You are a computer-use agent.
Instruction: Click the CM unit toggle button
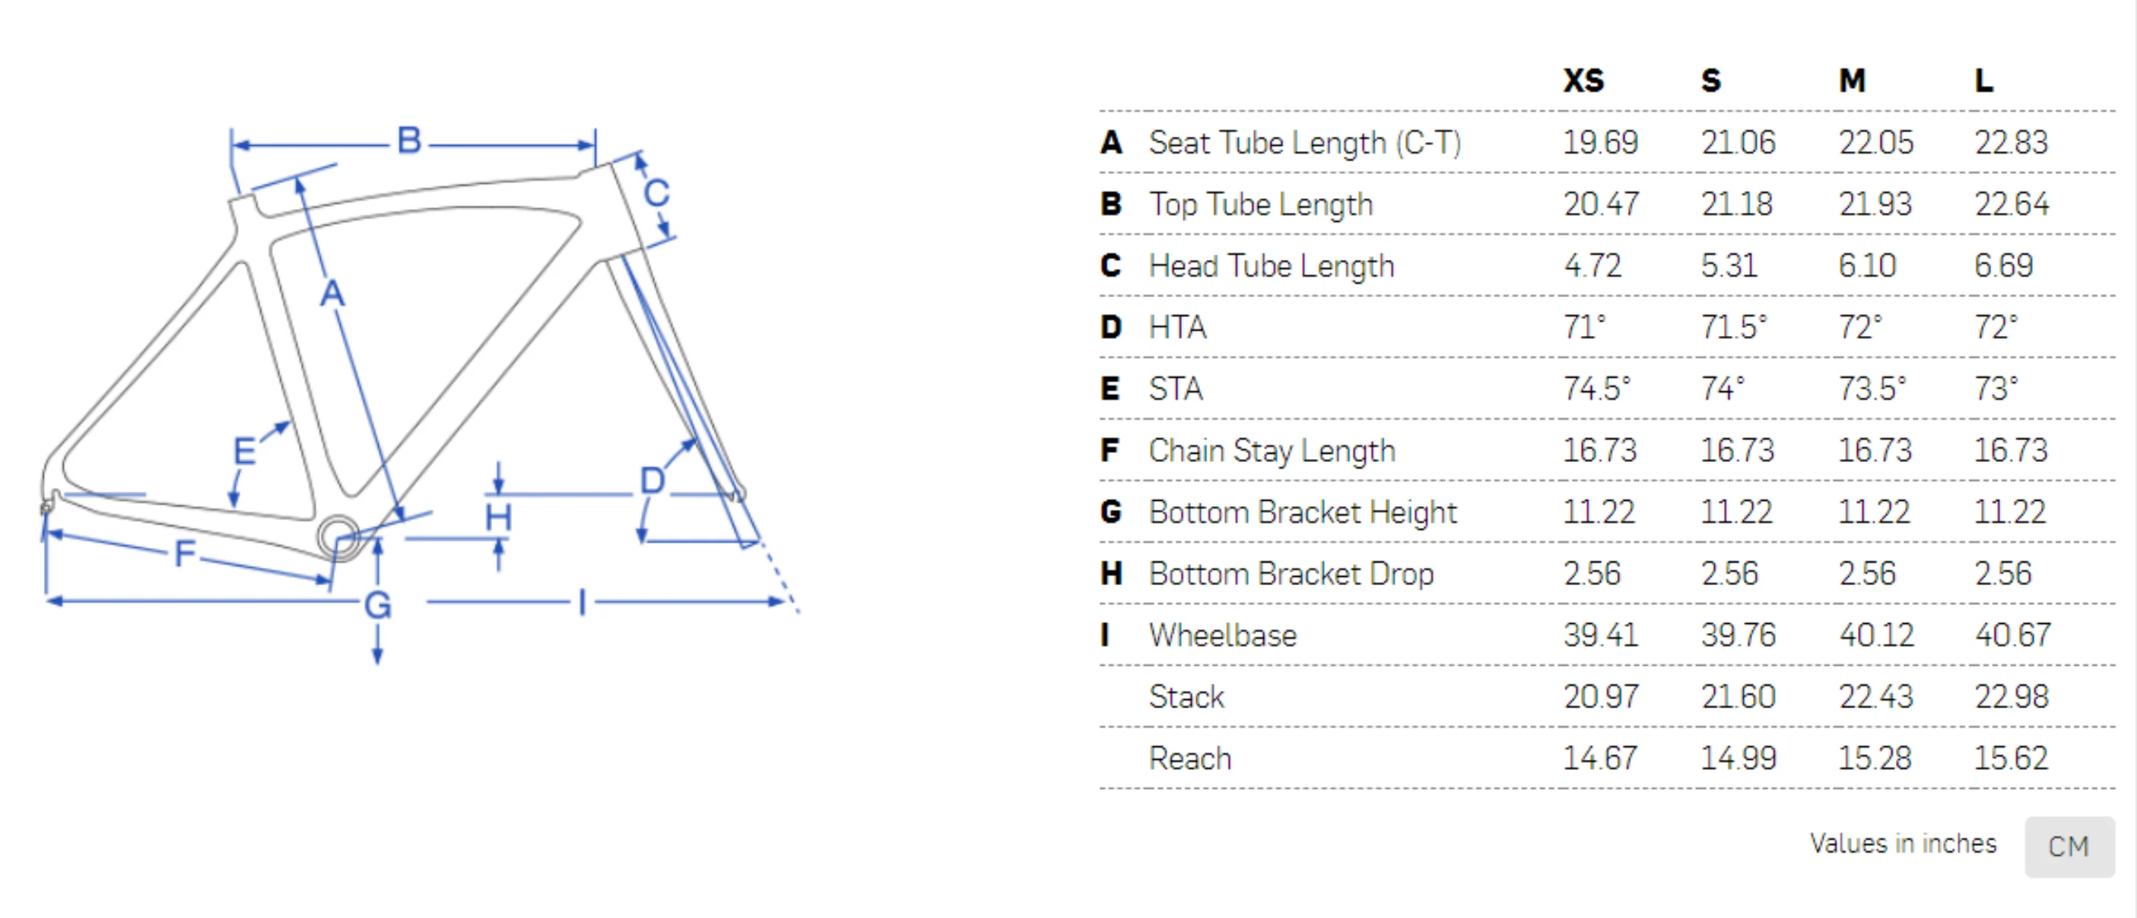pos(2069,847)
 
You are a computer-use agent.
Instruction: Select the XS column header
pos(1583,81)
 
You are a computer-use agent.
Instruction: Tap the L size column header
pos(1983,81)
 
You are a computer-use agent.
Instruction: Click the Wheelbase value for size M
pos(1875,635)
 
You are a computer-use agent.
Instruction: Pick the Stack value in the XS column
pos(1601,697)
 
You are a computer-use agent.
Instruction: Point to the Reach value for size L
pos(2011,758)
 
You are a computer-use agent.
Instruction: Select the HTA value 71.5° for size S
pos(1734,327)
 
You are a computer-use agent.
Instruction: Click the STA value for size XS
pos(1597,388)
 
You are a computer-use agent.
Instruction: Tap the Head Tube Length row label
pos(1272,266)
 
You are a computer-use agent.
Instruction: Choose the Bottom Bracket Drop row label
pos(1291,574)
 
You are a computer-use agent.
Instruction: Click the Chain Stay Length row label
pos(1272,451)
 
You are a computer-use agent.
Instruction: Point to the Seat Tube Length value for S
pos(1738,143)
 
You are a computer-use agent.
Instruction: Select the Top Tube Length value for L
pos(2012,204)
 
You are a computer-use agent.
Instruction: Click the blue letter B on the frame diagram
pos(409,141)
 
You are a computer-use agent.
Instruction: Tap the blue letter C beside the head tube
pos(656,193)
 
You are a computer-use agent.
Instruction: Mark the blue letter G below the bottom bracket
pos(377,605)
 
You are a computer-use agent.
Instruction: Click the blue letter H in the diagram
pos(499,518)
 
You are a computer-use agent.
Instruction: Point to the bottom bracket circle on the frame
pos(338,537)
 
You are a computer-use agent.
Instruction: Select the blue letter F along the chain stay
pos(184,552)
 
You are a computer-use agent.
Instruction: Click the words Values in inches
pos(1903,844)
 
